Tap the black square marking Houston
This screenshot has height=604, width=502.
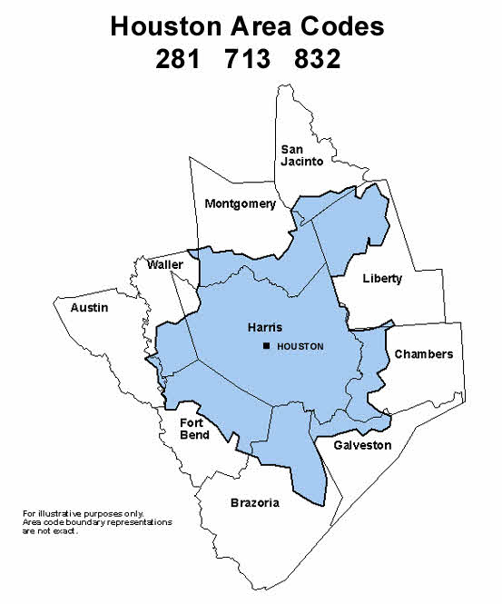[266, 347]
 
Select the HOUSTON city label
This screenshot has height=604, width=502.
[299, 347]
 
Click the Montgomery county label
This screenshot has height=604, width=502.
[240, 203]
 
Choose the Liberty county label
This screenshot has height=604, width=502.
[381, 278]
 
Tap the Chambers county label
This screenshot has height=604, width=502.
[423, 354]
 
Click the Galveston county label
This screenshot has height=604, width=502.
[362, 445]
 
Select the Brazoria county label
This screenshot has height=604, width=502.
[254, 502]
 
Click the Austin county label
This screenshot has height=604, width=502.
[89, 308]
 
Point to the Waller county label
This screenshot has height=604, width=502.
[165, 264]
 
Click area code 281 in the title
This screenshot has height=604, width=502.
[178, 59]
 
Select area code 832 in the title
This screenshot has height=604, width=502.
[318, 59]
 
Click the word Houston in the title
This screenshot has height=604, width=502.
[162, 26]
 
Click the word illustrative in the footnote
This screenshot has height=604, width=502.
[63, 514]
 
